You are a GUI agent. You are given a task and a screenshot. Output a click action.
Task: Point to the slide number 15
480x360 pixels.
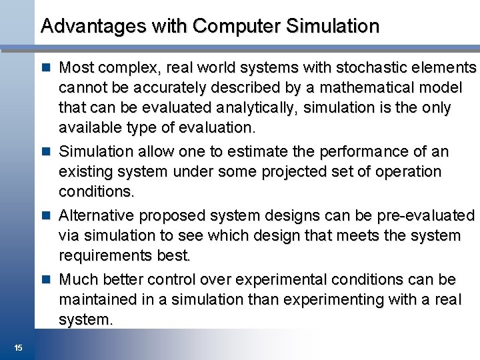18,347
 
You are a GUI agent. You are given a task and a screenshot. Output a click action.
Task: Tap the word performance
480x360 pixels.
364,152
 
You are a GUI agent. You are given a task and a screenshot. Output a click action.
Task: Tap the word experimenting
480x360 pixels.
335,300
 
